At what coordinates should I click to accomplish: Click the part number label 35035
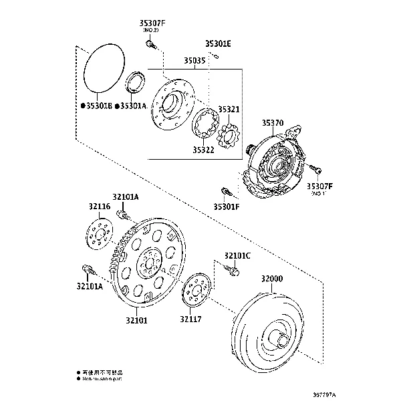pyautogui.click(x=194, y=61)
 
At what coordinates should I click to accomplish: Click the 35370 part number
pyautogui.click(x=273, y=123)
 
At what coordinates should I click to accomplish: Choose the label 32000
pyautogui.click(x=273, y=278)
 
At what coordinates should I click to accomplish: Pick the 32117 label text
pyautogui.click(x=190, y=320)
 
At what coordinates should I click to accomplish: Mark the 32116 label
pyautogui.click(x=100, y=207)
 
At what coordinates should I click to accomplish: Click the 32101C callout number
pyautogui.click(x=237, y=255)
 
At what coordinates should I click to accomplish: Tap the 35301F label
pyautogui.click(x=227, y=207)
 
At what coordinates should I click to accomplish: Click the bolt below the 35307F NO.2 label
pyautogui.click(x=150, y=45)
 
